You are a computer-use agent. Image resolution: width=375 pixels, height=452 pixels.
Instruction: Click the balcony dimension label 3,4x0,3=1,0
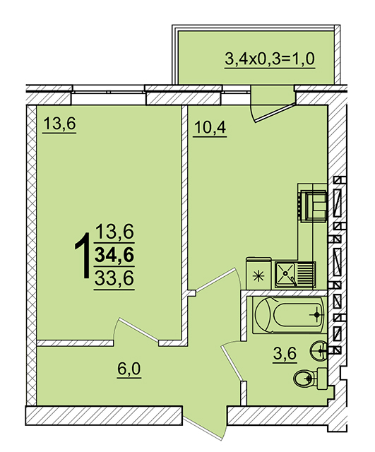pos(270,59)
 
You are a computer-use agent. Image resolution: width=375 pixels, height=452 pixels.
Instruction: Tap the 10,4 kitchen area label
pos(210,127)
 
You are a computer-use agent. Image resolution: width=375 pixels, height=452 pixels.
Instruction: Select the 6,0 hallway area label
pos(129,369)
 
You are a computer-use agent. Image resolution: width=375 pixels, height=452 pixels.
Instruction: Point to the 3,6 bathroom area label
pos(285,354)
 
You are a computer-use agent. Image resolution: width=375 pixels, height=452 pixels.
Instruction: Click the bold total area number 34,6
pos(114,255)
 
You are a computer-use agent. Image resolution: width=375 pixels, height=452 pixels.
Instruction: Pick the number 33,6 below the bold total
pos(114,278)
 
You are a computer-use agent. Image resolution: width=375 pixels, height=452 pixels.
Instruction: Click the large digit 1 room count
pos(83,256)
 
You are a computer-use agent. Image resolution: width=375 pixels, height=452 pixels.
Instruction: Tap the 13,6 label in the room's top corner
pos(59,124)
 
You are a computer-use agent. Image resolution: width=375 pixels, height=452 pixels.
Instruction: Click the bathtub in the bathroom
pos(290,315)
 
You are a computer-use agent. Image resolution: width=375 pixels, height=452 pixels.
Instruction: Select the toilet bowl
pos(310,379)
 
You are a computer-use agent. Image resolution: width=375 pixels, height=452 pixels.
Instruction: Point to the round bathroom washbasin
pos(319,350)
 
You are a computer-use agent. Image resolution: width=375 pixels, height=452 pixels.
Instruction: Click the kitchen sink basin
pos(285,274)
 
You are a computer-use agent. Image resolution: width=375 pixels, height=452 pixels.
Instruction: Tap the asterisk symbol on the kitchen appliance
pos(258,276)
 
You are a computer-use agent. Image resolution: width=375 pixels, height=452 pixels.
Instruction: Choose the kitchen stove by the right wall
pos(312,206)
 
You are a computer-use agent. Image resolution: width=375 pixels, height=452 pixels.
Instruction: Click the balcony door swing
pos(272,110)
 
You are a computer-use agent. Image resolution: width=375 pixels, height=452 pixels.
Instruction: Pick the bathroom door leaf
pos(232,362)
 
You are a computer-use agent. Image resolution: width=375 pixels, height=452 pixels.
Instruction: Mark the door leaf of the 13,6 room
pos(138,330)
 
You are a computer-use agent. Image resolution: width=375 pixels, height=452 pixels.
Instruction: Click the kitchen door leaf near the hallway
pos(215,280)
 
